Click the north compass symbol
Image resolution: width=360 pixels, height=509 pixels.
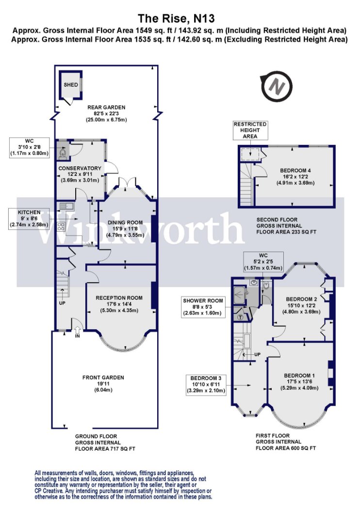[277, 86]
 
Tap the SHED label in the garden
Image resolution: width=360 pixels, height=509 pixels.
[70, 85]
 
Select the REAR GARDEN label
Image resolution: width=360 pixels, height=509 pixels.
[106, 107]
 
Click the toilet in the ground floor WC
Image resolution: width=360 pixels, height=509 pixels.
[63, 152]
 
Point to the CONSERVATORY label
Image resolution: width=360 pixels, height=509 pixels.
[80, 168]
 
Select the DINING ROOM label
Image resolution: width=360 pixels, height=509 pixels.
[125, 223]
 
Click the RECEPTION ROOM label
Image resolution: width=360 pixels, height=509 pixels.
[119, 298]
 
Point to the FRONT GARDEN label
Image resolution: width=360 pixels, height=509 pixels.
[103, 378]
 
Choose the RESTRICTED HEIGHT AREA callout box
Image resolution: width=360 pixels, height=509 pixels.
[250, 130]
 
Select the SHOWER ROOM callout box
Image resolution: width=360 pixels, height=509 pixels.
[203, 307]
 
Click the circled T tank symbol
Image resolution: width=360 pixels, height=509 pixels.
[241, 317]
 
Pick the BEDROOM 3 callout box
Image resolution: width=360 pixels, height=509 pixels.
[206, 384]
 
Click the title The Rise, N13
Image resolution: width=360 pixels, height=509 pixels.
[177, 18]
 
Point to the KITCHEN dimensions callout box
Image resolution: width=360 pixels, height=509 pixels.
[29, 219]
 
